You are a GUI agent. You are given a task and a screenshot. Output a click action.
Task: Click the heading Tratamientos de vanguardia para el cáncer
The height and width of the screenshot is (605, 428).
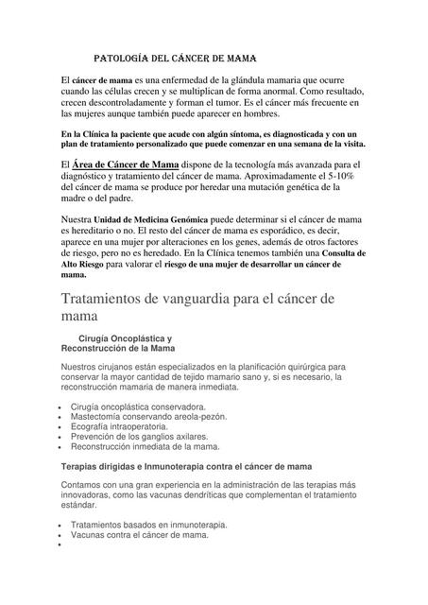pyautogui.click(x=207, y=300)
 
